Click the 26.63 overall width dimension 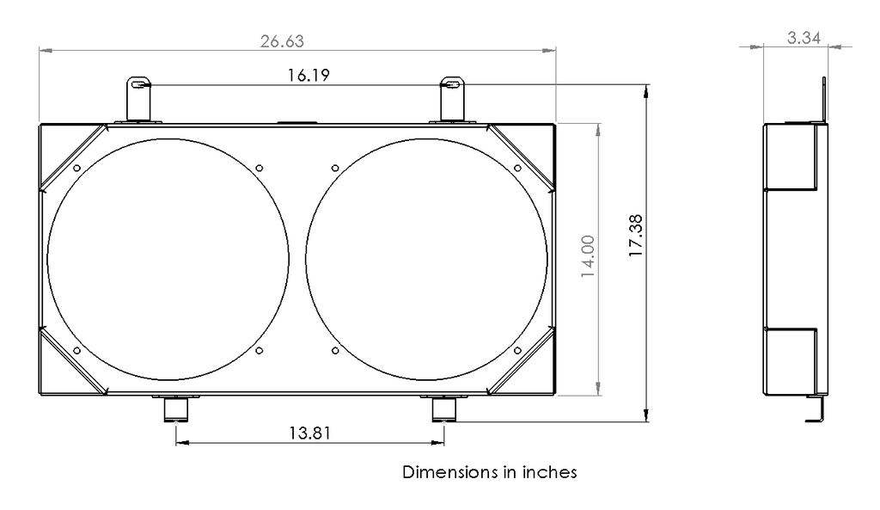[282, 40]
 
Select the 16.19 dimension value [307, 75]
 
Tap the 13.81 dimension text [310, 433]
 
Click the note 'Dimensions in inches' [489, 472]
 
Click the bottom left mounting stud [175, 409]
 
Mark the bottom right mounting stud [443, 409]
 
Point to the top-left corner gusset [73, 157]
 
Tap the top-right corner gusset [521, 157]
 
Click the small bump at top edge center [297, 122]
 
